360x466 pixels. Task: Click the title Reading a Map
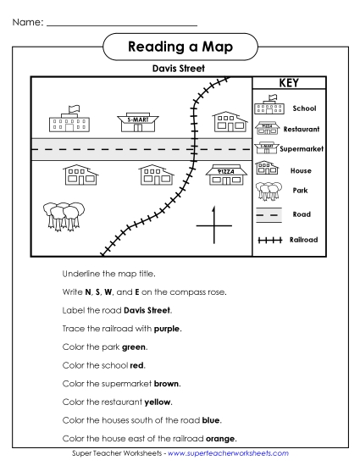coord(180,45)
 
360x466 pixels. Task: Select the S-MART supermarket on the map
coord(138,123)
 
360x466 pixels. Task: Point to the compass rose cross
coord(213,225)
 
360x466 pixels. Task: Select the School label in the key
coord(304,108)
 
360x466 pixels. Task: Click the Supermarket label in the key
coord(305,149)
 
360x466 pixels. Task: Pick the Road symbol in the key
coord(269,214)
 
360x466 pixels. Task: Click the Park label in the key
coord(300,191)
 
